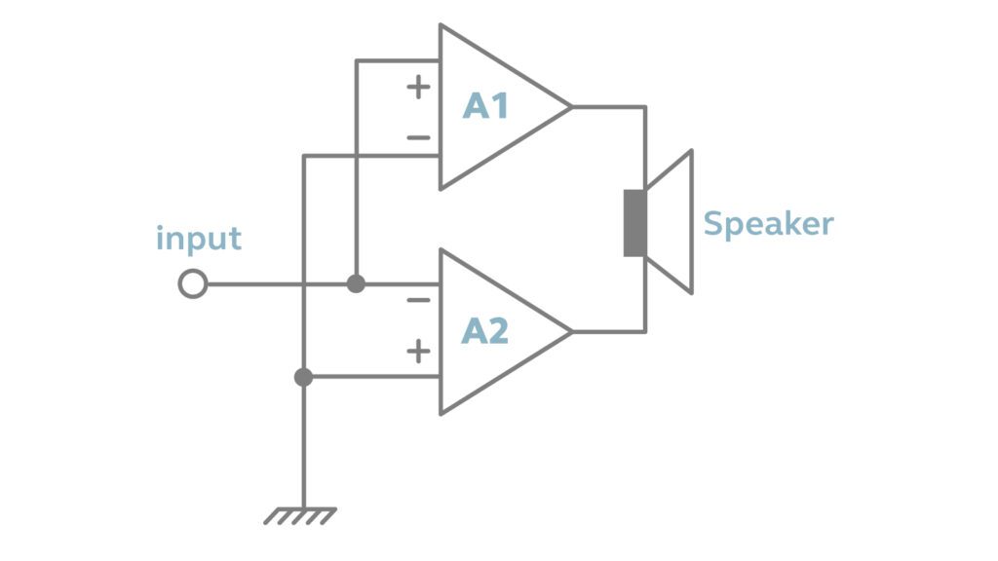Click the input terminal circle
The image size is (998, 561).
pyautogui.click(x=193, y=284)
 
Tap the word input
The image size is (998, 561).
pyautogui.click(x=198, y=239)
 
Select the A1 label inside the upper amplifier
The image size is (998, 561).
pyautogui.click(x=485, y=105)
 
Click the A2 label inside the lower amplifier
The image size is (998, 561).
pyautogui.click(x=485, y=331)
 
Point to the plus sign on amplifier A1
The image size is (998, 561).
pyautogui.click(x=418, y=87)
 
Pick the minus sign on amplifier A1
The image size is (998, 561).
pyautogui.click(x=418, y=138)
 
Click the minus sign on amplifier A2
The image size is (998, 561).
pyautogui.click(x=418, y=300)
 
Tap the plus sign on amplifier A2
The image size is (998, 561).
pyautogui.click(x=418, y=352)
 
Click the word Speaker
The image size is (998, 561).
pyautogui.click(x=768, y=224)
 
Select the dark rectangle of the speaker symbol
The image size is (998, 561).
pyautogui.click(x=634, y=223)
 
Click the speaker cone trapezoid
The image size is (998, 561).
pyautogui.click(x=673, y=222)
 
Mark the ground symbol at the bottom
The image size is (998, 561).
pyautogui.click(x=300, y=515)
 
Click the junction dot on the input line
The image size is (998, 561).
pyautogui.click(x=357, y=284)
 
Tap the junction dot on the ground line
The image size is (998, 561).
pyautogui.click(x=304, y=377)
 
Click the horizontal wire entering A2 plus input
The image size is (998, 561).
pyautogui.click(x=370, y=377)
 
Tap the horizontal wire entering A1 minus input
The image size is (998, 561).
pyautogui.click(x=370, y=156)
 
